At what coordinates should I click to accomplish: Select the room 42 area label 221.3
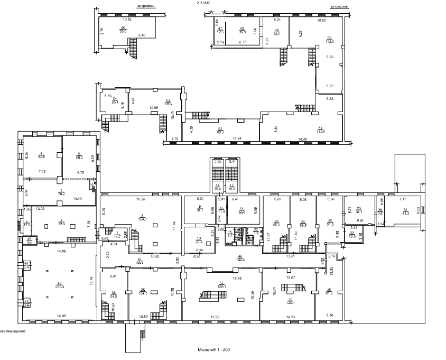[x=59, y=285]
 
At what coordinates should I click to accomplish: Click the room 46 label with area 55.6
[x=123, y=30]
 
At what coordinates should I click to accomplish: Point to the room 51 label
[x=320, y=131]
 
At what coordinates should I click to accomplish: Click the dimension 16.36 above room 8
[x=141, y=200]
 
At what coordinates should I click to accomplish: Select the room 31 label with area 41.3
[x=405, y=212]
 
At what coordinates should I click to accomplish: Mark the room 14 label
[x=242, y=211]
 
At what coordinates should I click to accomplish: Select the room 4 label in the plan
[x=41, y=155]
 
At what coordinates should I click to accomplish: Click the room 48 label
[x=243, y=30]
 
